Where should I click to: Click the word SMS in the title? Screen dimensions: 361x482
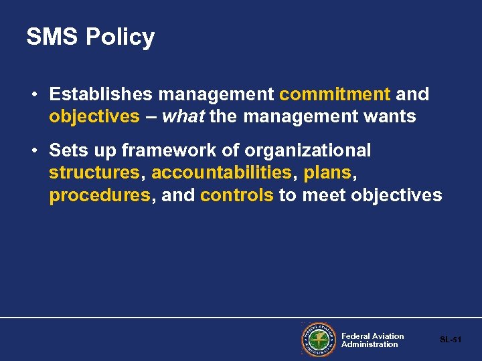click(52, 37)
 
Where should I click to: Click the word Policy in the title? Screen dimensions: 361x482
click(120, 37)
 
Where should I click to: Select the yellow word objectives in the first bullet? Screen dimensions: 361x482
click(94, 117)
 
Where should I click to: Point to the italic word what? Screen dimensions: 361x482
click(183, 117)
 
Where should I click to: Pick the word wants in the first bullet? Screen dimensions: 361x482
click(391, 117)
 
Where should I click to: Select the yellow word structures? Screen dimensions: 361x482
click(94, 173)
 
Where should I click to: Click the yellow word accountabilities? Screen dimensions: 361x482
click(222, 173)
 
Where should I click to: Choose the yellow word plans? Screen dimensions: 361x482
click(327, 173)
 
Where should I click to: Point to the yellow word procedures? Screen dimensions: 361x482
click(99, 196)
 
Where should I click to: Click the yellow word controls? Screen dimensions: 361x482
click(237, 196)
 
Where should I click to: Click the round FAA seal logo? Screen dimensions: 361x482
click(317, 340)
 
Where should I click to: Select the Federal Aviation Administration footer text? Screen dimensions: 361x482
click(372, 340)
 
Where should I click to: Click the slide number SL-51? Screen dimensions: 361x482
click(451, 340)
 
